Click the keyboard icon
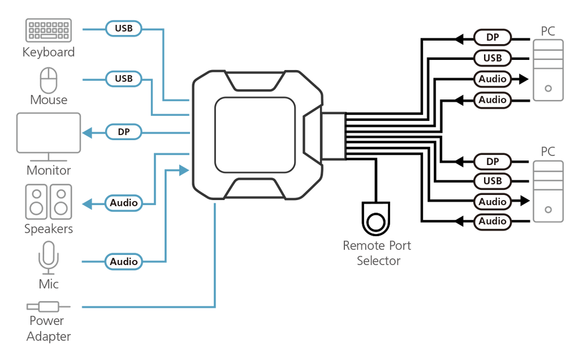tap(49, 31)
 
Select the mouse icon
tap(49, 80)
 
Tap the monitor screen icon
tap(49, 137)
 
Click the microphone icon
tap(49, 258)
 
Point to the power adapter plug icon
tap(49, 306)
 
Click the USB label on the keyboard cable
tap(124, 28)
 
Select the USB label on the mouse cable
tap(124, 79)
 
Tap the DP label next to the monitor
tap(124, 132)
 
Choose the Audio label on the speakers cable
tap(124, 203)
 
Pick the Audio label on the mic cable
tap(124, 262)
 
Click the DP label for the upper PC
tap(492, 37)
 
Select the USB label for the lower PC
tap(492, 181)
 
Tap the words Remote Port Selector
tap(377, 253)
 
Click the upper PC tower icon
tap(548, 70)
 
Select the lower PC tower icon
tap(548, 191)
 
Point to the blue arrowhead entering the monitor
tap(87, 132)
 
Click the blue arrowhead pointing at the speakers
tap(87, 203)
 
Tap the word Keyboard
tap(49, 52)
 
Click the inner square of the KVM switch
tap(255, 135)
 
